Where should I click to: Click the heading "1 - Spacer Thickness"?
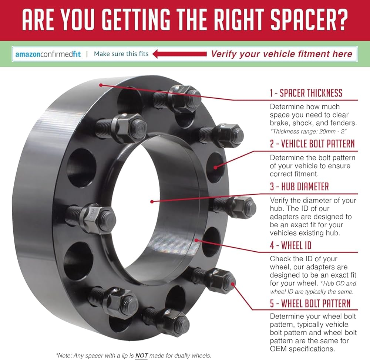pyautogui.click(x=306, y=93)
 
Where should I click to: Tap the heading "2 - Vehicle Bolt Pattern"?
pyautogui.click(x=312, y=143)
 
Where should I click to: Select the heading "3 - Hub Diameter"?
pyautogui.click(x=299, y=187)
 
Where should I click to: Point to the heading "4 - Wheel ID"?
pyautogui.click(x=291, y=245)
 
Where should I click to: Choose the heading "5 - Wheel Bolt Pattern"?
pyautogui.click(x=310, y=303)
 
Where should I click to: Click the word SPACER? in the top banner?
pyautogui.click(x=309, y=20)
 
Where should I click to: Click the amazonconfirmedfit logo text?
pyautogui.click(x=48, y=54)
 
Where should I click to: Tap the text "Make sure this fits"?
pyautogui.click(x=121, y=54)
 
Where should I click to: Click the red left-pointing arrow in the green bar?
pyautogui.click(x=179, y=54)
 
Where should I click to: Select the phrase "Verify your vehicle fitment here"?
pyautogui.click(x=282, y=54)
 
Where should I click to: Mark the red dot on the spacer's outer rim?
pyautogui.click(x=101, y=85)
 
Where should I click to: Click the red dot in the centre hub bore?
pyautogui.click(x=152, y=201)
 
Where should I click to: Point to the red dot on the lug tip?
pyautogui.click(x=232, y=284)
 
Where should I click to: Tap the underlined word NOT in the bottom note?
pyautogui.click(x=142, y=355)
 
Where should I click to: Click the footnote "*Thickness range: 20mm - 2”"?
pyautogui.click(x=309, y=131)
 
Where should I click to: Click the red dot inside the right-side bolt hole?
pyautogui.click(x=215, y=167)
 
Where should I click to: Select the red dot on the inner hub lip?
pyautogui.click(x=196, y=240)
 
